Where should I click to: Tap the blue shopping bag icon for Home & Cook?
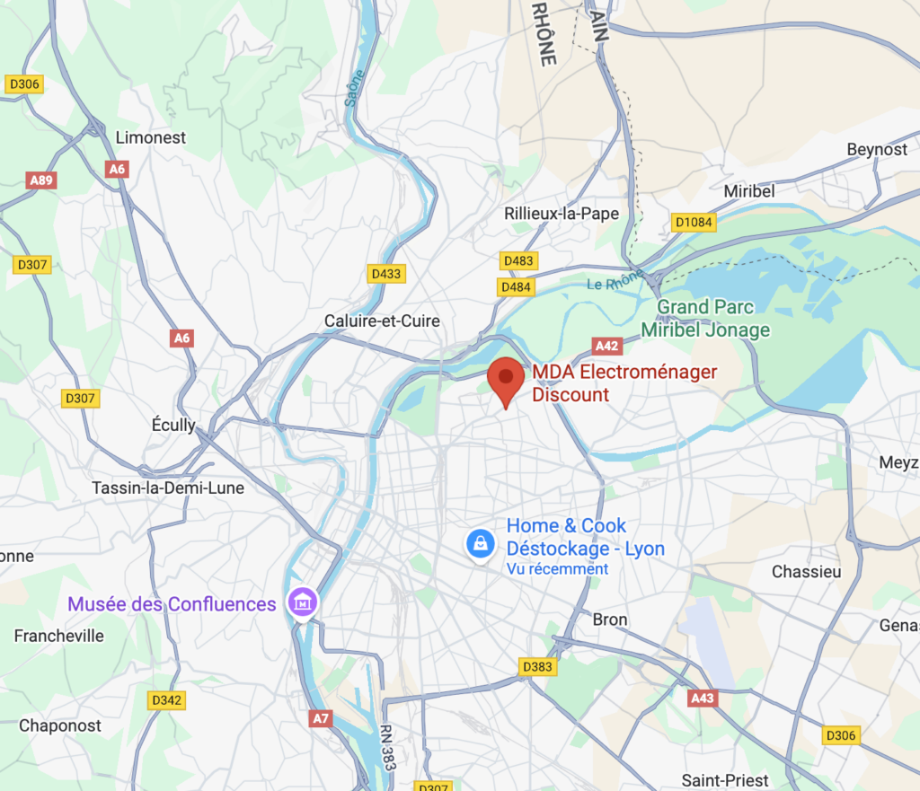tap(481, 543)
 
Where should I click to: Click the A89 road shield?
tap(41, 180)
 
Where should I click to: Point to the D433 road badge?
tap(386, 274)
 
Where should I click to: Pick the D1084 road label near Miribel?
tap(693, 222)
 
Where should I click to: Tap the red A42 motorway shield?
tap(608, 346)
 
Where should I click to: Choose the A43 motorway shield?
tap(703, 698)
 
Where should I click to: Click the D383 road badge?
tap(538, 666)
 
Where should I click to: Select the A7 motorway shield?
tap(321, 717)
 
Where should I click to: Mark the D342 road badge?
tap(167, 700)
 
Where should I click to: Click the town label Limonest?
tap(151, 137)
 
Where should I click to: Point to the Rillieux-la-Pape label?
tap(562, 214)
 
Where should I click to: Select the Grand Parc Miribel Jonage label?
tap(705, 319)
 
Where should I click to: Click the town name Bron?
tap(610, 620)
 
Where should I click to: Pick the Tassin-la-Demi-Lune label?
tap(168, 488)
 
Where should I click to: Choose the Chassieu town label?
tap(806, 572)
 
